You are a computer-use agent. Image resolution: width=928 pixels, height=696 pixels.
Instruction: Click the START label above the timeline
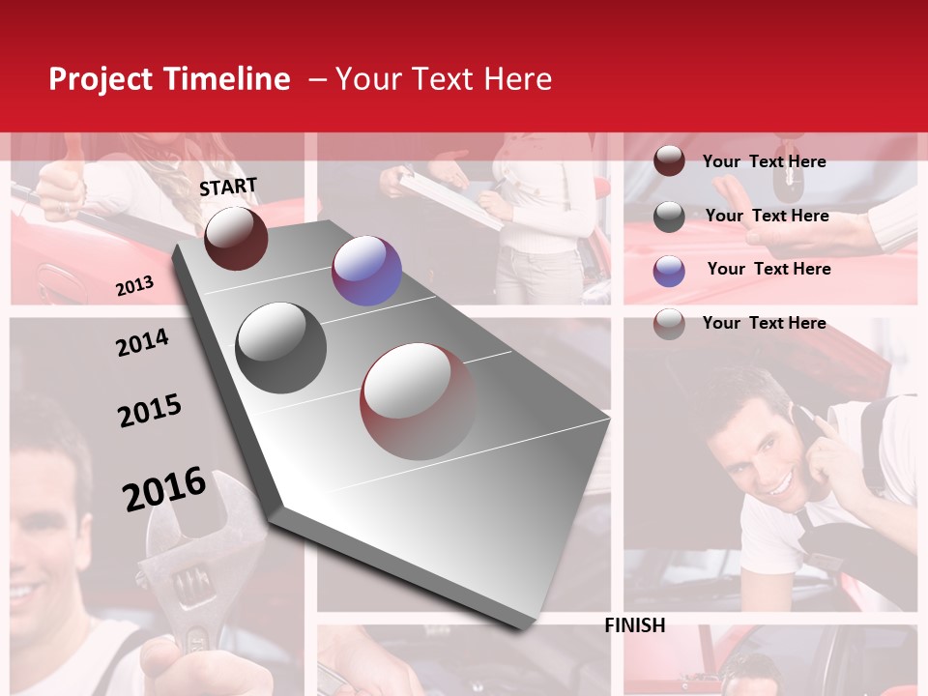click(x=228, y=187)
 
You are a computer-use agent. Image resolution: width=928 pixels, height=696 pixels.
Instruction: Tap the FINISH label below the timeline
click(x=635, y=625)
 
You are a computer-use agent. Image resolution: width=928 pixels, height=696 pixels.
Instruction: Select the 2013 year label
click(x=134, y=286)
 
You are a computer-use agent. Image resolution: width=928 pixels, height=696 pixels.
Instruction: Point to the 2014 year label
click(x=142, y=342)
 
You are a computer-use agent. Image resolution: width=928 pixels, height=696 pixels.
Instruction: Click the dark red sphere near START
click(x=236, y=238)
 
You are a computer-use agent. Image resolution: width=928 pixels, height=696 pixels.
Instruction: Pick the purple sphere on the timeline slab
click(x=366, y=271)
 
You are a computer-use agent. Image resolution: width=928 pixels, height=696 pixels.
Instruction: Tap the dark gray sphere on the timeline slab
click(x=281, y=347)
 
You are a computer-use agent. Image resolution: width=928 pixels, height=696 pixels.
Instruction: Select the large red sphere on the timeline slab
click(x=419, y=401)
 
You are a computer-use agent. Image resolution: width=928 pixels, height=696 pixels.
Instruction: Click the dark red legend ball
click(x=669, y=161)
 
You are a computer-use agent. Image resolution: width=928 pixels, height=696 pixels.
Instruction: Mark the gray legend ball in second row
click(x=669, y=217)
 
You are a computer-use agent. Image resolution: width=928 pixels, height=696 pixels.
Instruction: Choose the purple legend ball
click(x=669, y=271)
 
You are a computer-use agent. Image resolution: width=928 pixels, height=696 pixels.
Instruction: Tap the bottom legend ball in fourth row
click(x=669, y=324)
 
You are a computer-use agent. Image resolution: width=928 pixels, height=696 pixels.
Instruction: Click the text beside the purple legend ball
click(x=768, y=269)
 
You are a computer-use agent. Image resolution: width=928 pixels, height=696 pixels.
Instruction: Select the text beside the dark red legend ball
click(x=764, y=161)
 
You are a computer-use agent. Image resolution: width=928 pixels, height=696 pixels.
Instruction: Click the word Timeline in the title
click(x=228, y=79)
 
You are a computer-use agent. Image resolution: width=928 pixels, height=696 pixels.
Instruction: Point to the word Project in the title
click(x=101, y=79)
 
